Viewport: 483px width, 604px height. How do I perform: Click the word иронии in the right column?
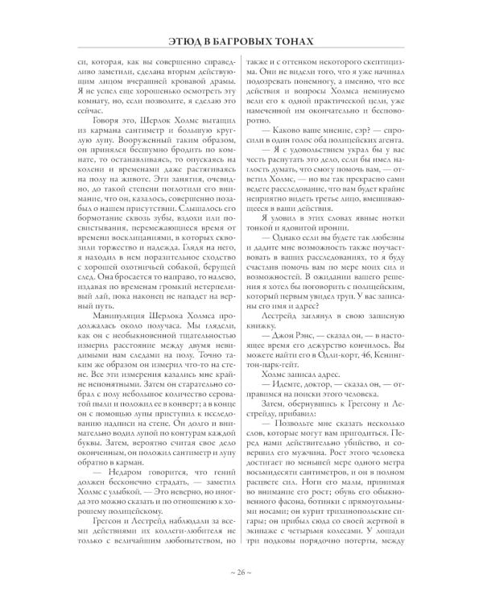pyautogui.click(x=341, y=229)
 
